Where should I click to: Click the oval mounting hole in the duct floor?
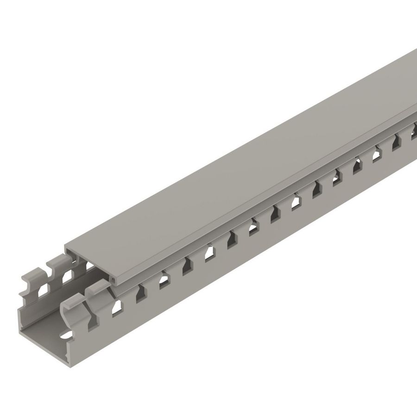(68, 333)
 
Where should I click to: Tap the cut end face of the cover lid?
(88, 265)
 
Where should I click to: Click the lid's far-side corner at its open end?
(65, 245)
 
